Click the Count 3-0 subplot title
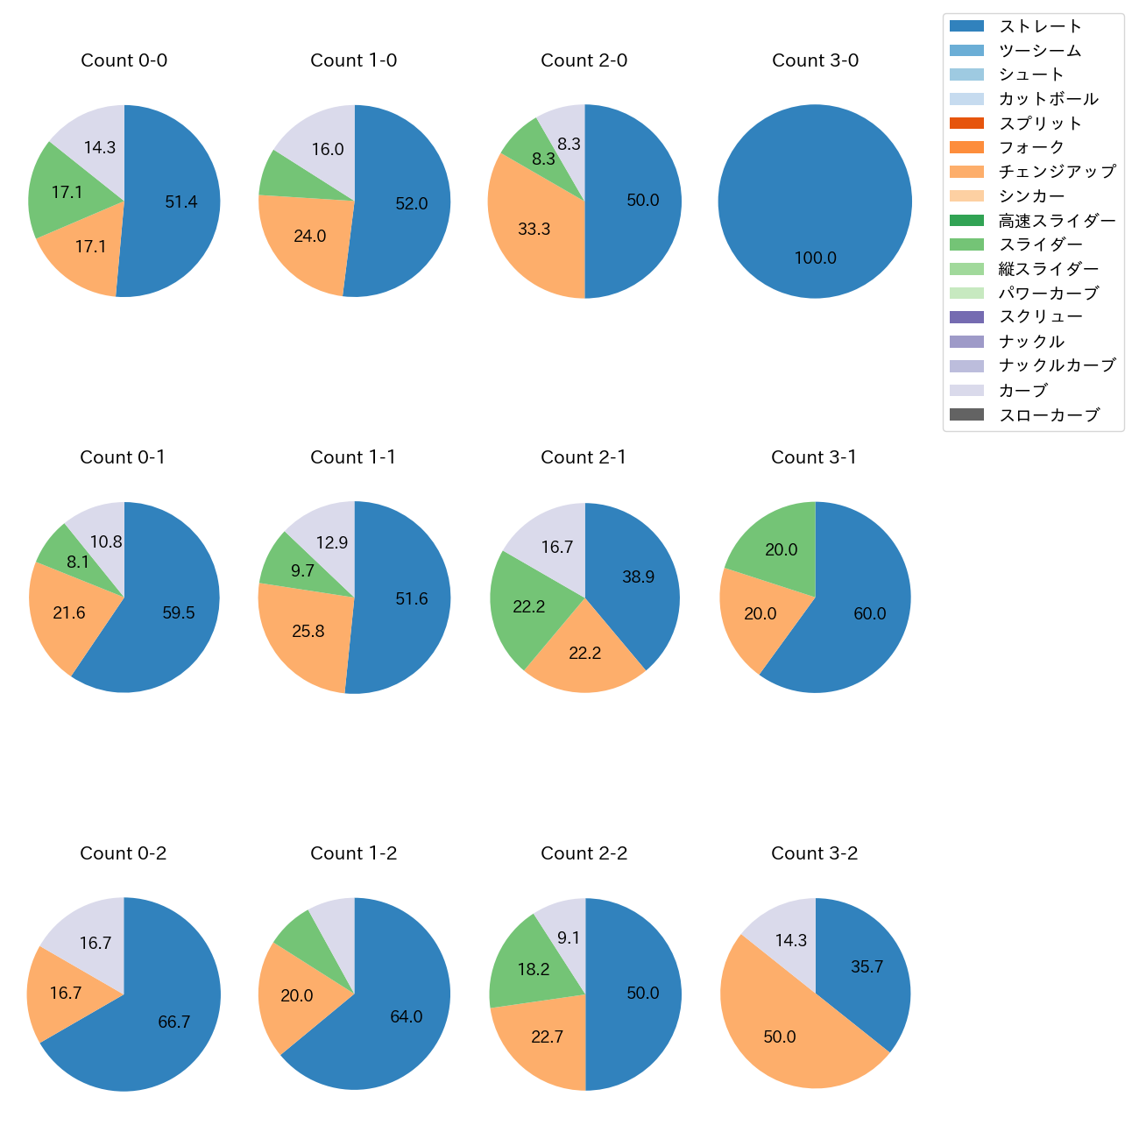tap(815, 60)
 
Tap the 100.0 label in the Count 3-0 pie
tap(815, 258)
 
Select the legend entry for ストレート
tap(1040, 26)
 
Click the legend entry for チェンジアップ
tap(1057, 172)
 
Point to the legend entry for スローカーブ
tap(1049, 415)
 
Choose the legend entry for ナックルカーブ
tap(1057, 366)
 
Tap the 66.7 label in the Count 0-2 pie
tap(174, 1022)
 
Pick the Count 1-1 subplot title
tap(353, 457)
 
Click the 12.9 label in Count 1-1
tap(332, 542)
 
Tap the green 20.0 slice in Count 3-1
tap(775, 543)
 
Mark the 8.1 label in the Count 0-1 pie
tap(78, 562)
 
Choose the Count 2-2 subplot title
tap(584, 853)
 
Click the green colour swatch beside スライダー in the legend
tap(966, 244)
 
